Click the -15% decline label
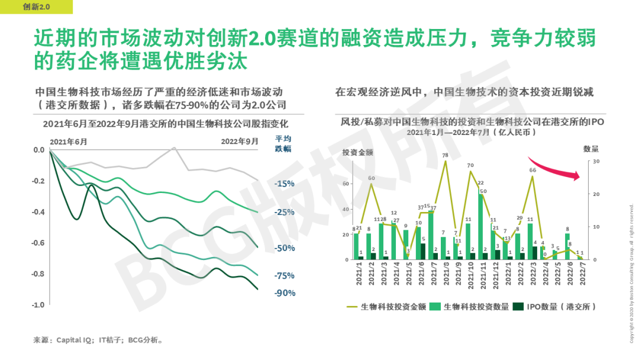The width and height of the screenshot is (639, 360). pos(285,184)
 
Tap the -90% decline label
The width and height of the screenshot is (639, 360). pos(285,292)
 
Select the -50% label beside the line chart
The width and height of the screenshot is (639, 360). pos(285,248)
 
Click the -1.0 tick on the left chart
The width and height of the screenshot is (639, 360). pos(38,304)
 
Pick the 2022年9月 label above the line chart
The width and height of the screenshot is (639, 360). pos(240,142)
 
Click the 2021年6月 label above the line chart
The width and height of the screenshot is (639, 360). pos(69,142)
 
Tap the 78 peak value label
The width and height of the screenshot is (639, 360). pos(445,156)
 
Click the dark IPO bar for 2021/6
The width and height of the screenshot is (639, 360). pos(422,252)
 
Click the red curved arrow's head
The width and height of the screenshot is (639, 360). pos(577,174)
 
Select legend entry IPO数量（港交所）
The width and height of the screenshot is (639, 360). pos(554,306)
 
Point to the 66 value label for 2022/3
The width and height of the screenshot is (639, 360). pos(532,171)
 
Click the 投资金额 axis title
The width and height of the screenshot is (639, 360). pos(357,152)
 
